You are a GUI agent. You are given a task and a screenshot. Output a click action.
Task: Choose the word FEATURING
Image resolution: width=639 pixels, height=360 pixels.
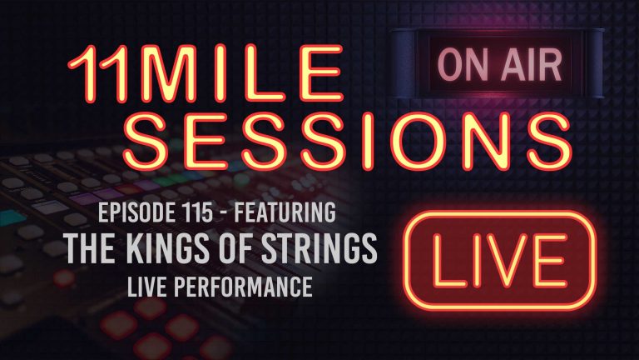(x=288, y=214)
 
